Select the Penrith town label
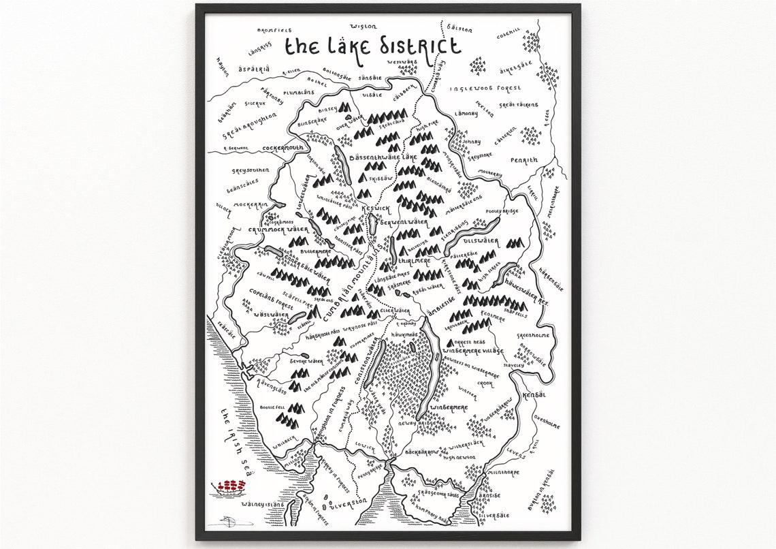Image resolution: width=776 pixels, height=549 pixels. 523,161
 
